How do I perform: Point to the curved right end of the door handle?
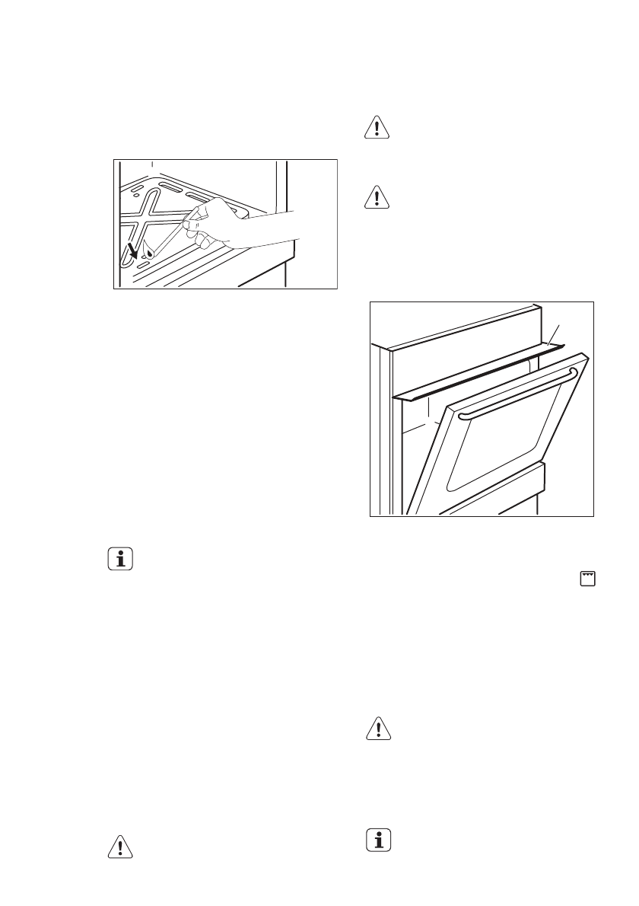tap(573, 372)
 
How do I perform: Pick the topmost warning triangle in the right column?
tap(377, 127)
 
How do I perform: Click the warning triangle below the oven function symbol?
tap(377, 730)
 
